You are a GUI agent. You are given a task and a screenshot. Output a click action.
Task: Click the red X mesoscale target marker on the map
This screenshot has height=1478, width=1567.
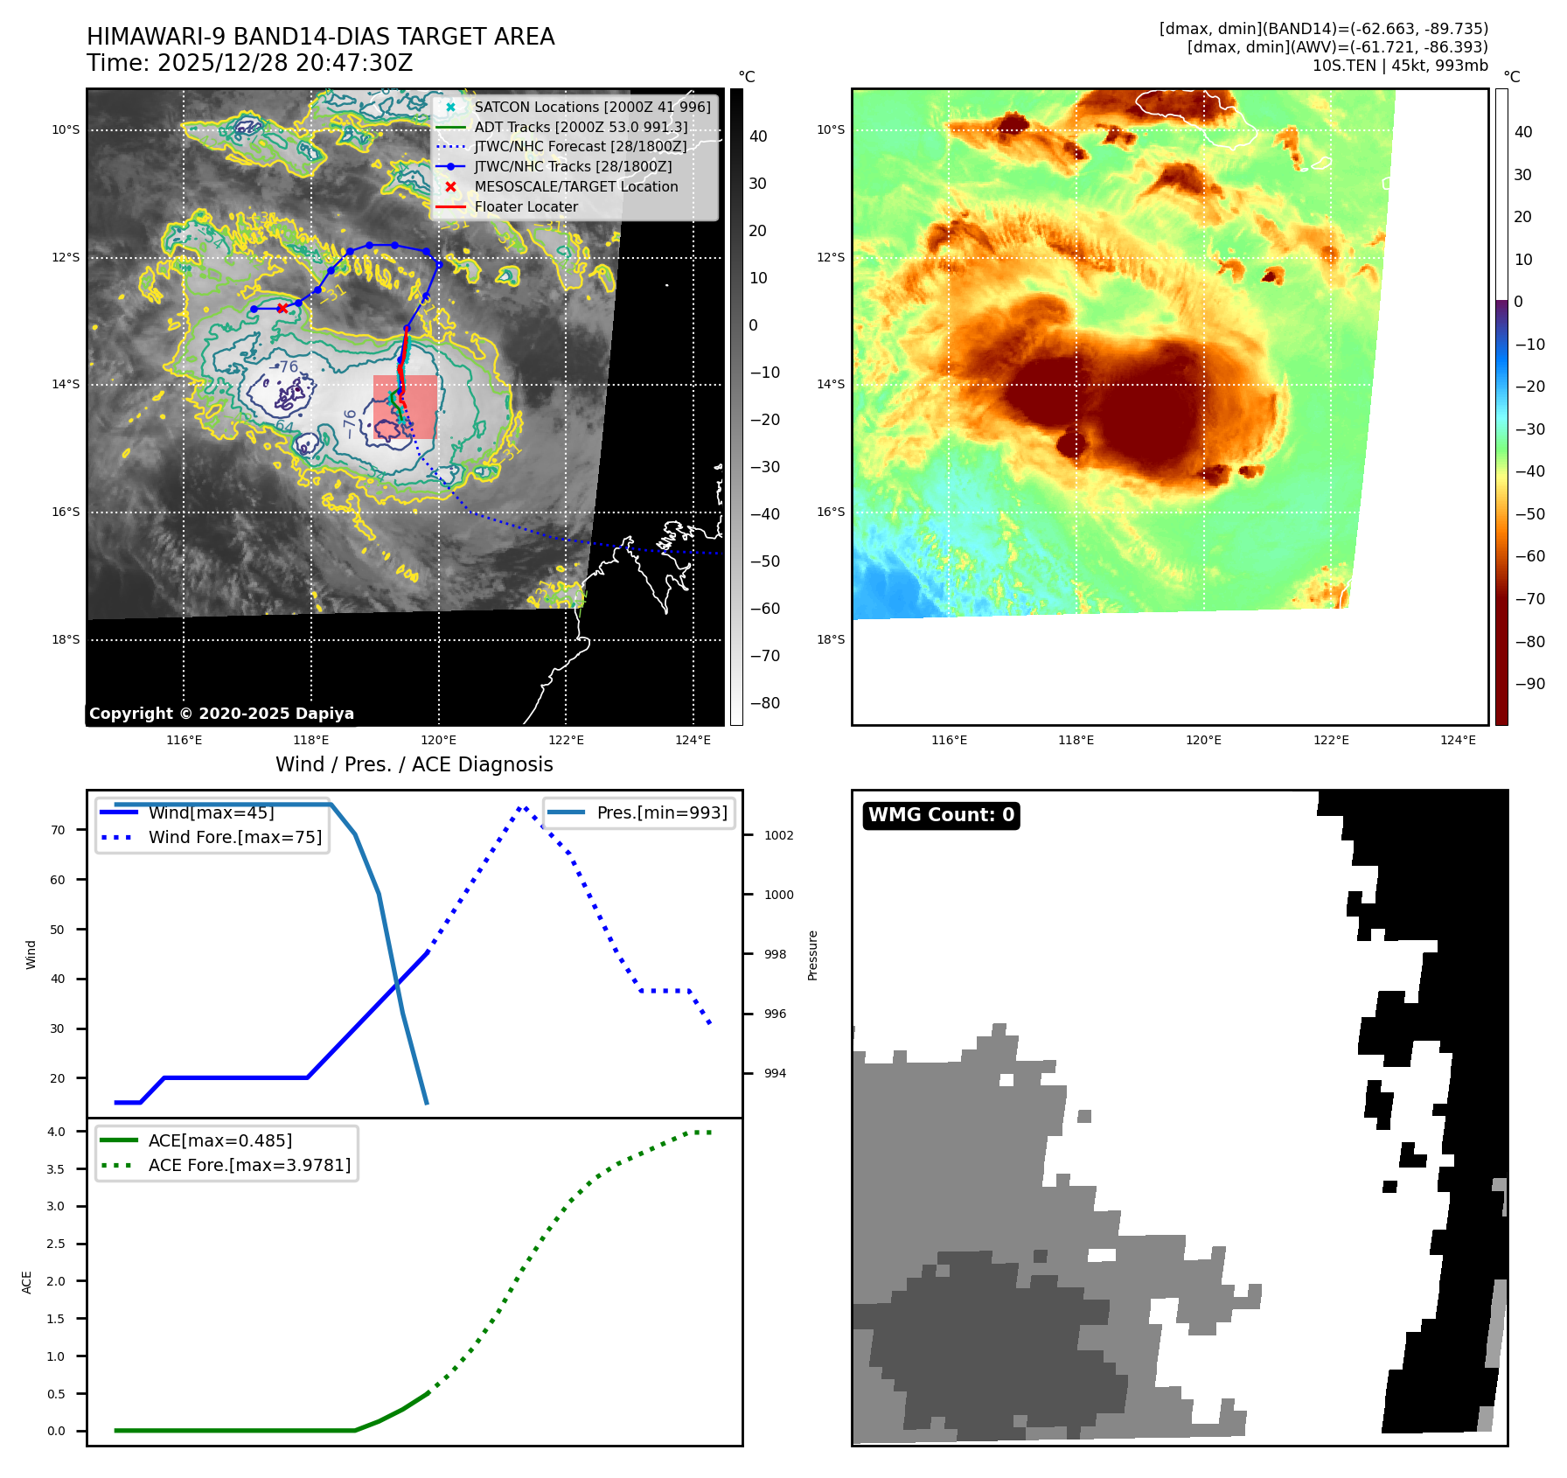pyautogui.click(x=282, y=308)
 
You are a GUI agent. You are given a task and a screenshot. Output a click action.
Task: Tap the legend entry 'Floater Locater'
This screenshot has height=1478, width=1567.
pyautogui.click(x=526, y=207)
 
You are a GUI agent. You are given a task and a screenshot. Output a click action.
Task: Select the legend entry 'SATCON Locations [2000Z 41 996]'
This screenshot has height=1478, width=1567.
pyautogui.click(x=592, y=107)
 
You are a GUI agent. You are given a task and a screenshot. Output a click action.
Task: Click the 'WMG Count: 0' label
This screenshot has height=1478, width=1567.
pyautogui.click(x=941, y=815)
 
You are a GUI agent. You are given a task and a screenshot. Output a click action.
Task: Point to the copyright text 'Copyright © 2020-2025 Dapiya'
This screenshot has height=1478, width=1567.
pyautogui.click(x=221, y=714)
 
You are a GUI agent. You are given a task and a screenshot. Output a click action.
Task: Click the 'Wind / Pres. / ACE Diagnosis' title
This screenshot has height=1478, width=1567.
pyautogui.click(x=414, y=765)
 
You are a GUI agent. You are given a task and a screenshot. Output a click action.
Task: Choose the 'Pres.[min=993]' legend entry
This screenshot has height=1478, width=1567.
pyautogui.click(x=661, y=813)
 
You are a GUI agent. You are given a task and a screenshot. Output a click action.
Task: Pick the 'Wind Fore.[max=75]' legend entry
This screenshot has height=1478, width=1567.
pyautogui.click(x=234, y=838)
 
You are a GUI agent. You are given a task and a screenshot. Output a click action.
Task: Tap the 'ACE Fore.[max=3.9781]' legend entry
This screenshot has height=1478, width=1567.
pyautogui.click(x=249, y=1166)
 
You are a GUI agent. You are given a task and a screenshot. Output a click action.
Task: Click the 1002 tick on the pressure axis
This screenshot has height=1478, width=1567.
pyautogui.click(x=778, y=835)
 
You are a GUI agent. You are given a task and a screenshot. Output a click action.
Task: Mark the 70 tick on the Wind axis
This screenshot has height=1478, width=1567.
pyautogui.click(x=58, y=830)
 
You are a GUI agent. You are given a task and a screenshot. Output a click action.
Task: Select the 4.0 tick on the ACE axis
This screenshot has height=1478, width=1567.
pyautogui.click(x=56, y=1132)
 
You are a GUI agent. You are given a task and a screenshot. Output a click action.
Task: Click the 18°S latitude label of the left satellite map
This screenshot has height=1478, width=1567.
pyautogui.click(x=66, y=640)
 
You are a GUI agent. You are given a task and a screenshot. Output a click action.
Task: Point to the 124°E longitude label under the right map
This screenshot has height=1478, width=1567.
pyautogui.click(x=1458, y=741)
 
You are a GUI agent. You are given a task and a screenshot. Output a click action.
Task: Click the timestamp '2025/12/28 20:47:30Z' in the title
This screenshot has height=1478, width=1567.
pyautogui.click(x=284, y=64)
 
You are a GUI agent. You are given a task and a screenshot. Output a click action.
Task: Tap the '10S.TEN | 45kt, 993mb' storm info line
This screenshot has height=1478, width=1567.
pyautogui.click(x=1399, y=66)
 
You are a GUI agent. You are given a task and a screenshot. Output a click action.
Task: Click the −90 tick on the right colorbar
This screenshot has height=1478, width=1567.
pyautogui.click(x=1529, y=684)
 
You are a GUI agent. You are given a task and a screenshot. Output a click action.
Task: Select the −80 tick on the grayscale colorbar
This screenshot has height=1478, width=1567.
pyautogui.click(x=764, y=703)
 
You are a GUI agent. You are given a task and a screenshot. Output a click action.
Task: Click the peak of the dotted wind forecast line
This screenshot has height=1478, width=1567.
pyautogui.click(x=522, y=808)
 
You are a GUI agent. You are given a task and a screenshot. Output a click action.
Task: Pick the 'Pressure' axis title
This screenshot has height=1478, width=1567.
pyautogui.click(x=813, y=955)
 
